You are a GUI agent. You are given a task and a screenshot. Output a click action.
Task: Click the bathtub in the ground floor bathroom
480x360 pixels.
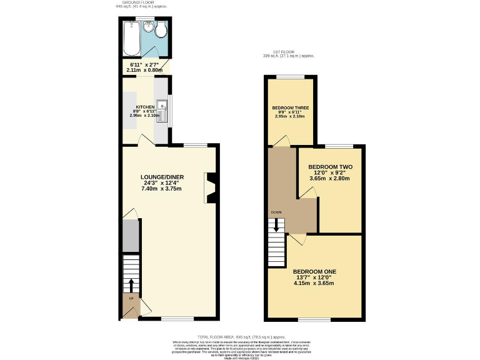point(131,38)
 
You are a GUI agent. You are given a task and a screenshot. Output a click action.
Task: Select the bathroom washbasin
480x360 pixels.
point(149,27)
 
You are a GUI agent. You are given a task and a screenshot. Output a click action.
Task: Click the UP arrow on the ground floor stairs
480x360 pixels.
point(131,285)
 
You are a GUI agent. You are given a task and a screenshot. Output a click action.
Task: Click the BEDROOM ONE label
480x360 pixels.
point(315,271)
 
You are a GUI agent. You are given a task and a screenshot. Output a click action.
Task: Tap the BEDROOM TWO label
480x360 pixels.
point(331,167)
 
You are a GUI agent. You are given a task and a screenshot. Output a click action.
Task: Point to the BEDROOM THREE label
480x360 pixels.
point(290,108)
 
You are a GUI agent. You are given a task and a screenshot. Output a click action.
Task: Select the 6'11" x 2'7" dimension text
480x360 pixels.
point(146,64)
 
